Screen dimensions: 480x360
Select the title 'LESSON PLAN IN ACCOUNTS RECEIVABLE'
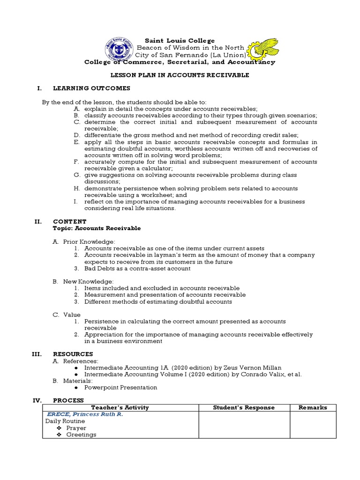tap(180, 75)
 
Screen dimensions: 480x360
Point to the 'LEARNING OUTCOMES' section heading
tap(91, 88)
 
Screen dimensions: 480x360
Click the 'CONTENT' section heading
tap(69, 221)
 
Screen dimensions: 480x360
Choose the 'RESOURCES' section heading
tap(73, 354)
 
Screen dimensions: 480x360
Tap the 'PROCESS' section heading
tap(68, 400)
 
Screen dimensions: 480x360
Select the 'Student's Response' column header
tap(244, 407)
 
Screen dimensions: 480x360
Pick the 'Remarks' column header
tap(313, 407)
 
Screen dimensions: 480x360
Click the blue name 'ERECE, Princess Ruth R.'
tap(84, 414)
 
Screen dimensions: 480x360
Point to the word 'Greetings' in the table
tap(81, 435)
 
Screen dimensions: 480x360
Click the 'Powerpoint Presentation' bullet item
tap(120, 388)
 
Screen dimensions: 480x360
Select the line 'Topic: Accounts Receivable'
tap(97, 228)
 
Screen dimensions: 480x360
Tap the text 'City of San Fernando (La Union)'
tap(190, 55)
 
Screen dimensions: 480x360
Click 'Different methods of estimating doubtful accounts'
tap(158, 302)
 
